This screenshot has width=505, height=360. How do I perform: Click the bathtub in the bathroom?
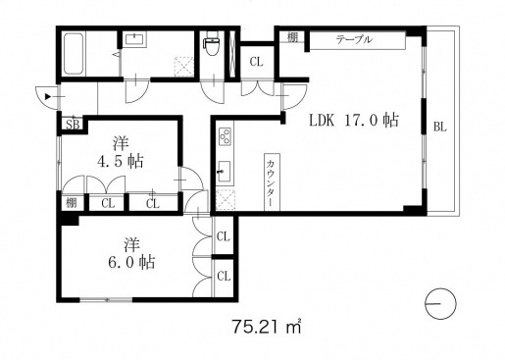coord(74,54)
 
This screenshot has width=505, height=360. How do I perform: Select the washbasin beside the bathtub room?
coord(134,39)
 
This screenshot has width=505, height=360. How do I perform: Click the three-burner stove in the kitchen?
coord(225,135)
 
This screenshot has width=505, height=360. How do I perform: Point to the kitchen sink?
coord(225,172)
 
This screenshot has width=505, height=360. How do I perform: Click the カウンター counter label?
coord(272,183)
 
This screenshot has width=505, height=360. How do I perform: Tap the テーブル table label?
coord(354,39)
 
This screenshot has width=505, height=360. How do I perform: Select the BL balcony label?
coord(440,127)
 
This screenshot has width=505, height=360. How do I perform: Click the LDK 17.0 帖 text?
coord(354,121)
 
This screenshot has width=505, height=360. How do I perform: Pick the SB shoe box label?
coord(73,125)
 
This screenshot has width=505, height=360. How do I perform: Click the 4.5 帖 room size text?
coord(121,161)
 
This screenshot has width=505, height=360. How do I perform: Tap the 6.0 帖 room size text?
coord(131,263)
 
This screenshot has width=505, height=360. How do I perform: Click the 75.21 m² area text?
coord(267,326)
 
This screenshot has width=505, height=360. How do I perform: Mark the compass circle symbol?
coord(440,303)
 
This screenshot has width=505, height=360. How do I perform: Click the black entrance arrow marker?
coord(48,96)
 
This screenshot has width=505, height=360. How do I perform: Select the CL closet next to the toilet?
coord(257,62)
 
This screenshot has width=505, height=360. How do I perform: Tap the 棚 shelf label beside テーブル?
coord(292,38)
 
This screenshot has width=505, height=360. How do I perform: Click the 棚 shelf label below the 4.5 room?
coord(72,203)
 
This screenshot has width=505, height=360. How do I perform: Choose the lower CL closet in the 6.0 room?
coord(224,277)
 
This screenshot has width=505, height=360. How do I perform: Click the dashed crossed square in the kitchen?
coord(226,200)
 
